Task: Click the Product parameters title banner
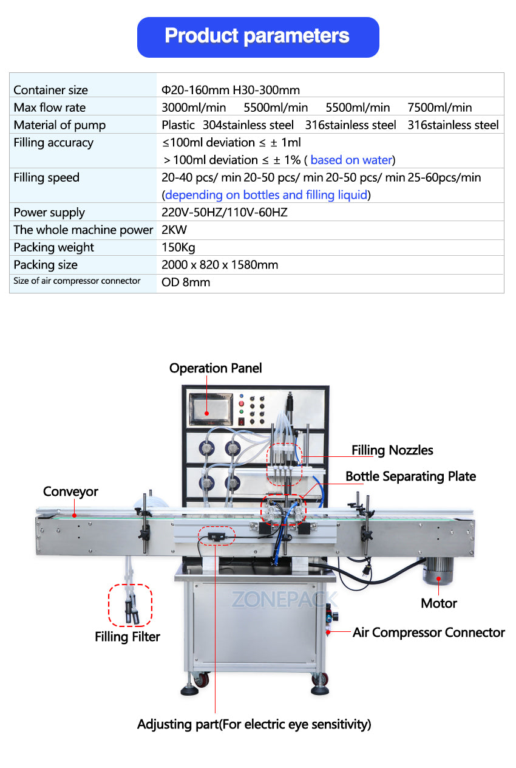click(258, 36)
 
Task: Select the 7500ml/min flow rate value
click(440, 108)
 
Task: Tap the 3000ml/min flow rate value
click(194, 108)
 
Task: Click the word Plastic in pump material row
click(178, 125)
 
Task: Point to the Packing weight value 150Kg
click(178, 247)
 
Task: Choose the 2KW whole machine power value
click(174, 230)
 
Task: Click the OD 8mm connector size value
click(186, 283)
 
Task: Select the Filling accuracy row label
click(53, 143)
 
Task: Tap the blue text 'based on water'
click(351, 160)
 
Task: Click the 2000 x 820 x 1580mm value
click(220, 265)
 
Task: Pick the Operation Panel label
click(216, 368)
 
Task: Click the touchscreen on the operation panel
click(210, 409)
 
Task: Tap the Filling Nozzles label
click(392, 450)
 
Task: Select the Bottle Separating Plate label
click(410, 476)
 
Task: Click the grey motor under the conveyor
click(439, 572)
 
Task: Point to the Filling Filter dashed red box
click(130, 605)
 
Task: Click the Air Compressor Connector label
click(428, 633)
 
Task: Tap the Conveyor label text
click(70, 492)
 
